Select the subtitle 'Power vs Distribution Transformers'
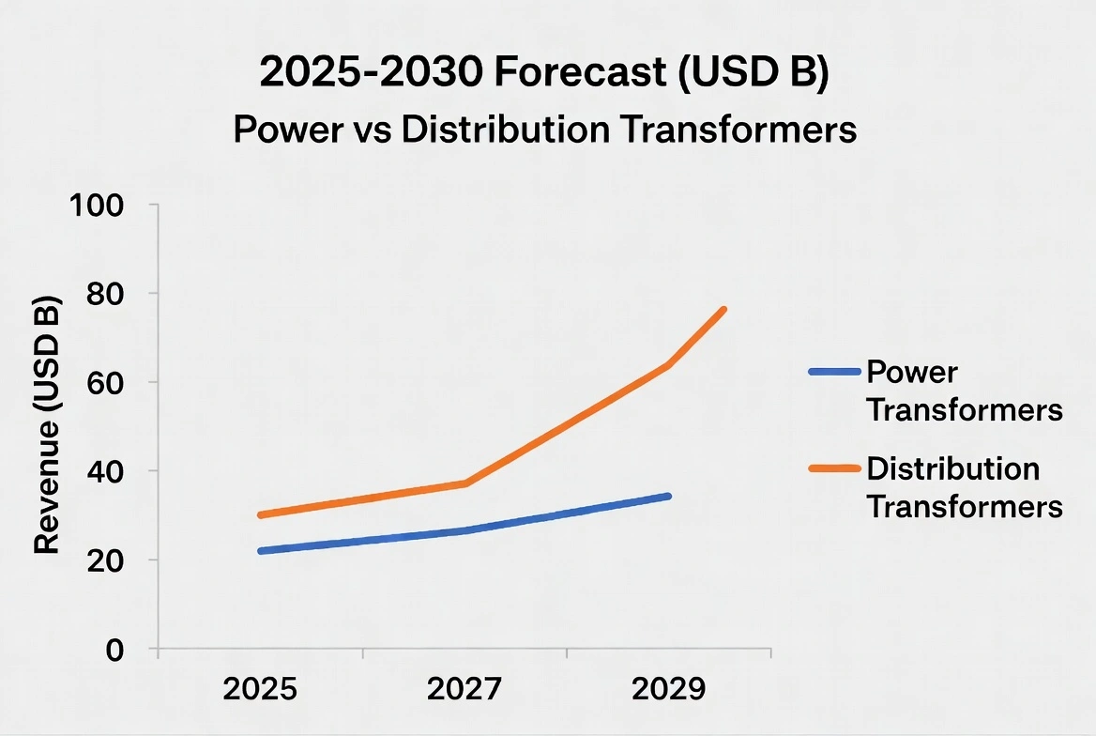(x=545, y=130)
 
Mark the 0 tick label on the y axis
(x=115, y=650)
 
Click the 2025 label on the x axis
(x=260, y=690)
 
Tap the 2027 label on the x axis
(x=464, y=690)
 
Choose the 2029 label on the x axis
(x=668, y=690)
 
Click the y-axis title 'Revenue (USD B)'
(x=48, y=428)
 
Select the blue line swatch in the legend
(x=834, y=373)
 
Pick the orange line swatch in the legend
(x=834, y=468)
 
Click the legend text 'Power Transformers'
(x=964, y=391)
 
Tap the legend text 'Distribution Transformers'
(x=964, y=487)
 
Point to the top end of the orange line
(x=723, y=309)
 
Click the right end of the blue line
(x=668, y=496)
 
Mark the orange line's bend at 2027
(x=465, y=483)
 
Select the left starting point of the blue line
(x=260, y=551)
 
